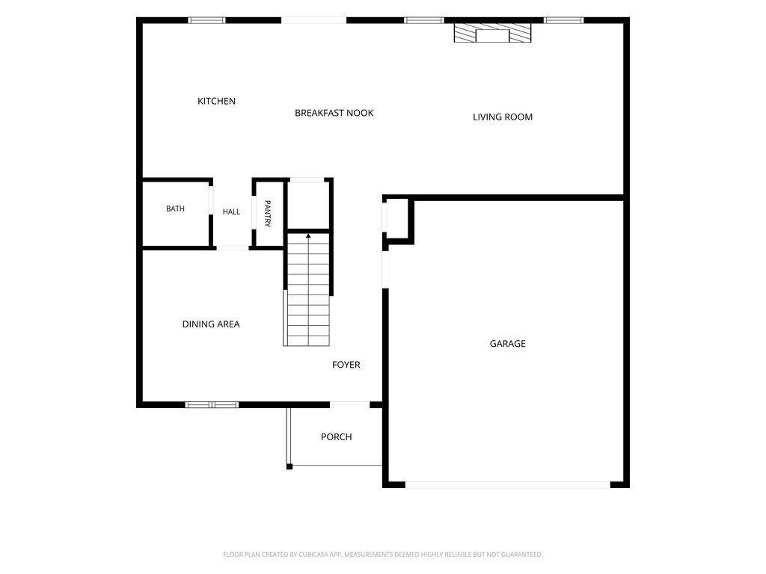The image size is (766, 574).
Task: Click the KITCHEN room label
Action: pos(216,101)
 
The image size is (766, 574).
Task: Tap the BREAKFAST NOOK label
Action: pos(334,113)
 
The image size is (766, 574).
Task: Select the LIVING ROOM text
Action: pos(503,117)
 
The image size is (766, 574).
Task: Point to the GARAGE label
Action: pos(508,344)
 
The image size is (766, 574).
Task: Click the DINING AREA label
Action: pos(211,324)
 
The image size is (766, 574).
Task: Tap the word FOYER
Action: pos(346,365)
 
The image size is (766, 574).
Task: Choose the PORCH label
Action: pos(336,436)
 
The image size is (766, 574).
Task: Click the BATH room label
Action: pos(175,209)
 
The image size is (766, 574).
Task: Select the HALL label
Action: pos(232,212)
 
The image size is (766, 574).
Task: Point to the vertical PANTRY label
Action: pos(268,213)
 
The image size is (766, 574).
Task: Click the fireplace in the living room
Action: pos(492,33)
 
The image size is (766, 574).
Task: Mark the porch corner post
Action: pos(289,466)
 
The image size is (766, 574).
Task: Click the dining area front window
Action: pos(212,404)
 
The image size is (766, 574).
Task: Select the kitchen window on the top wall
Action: pos(206,20)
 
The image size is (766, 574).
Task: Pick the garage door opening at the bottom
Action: pos(508,484)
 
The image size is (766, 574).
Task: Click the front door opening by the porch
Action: pos(350,404)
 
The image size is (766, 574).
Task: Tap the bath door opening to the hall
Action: pos(211,200)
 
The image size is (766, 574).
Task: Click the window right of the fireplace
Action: pos(564,20)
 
